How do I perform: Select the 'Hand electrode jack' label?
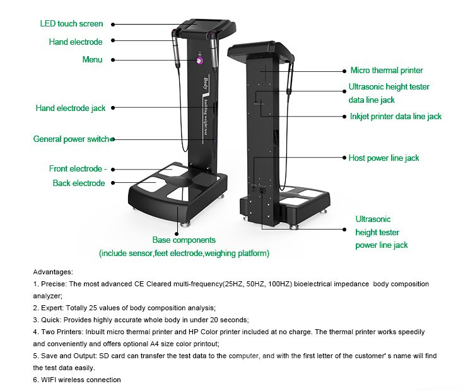pos(71,108)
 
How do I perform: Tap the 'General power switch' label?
pos(71,139)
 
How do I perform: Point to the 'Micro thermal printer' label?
pos(387,71)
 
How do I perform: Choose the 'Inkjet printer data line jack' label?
pos(395,117)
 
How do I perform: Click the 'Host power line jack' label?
pos(384,158)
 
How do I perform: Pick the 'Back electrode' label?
pos(78,183)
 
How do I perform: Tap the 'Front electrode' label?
pos(75,169)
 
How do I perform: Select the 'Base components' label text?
pos(184,240)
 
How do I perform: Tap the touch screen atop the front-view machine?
pos(201,26)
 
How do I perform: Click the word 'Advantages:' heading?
pos(53,271)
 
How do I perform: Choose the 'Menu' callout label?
pos(92,60)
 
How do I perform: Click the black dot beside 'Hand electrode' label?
pos(112,42)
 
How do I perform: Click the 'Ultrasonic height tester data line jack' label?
pos(389,93)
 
